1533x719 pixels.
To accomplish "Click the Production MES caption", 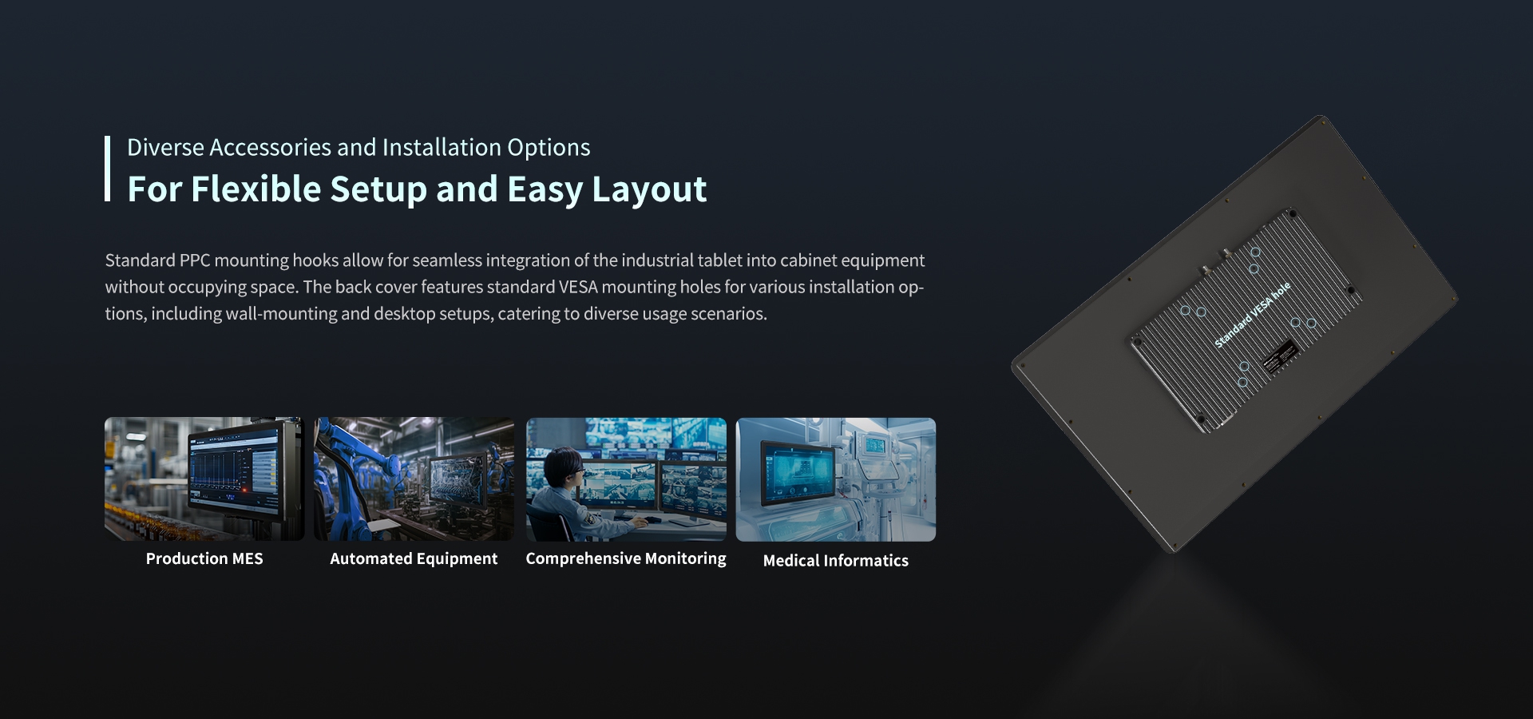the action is [x=204, y=558].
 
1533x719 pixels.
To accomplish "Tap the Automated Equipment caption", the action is [x=414, y=558].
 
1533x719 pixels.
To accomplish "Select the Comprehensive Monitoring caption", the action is [x=626, y=558].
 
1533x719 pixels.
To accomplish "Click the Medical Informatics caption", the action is [x=836, y=561].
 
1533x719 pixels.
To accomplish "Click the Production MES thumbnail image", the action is [x=204, y=479].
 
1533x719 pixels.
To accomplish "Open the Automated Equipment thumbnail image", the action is [x=414, y=479].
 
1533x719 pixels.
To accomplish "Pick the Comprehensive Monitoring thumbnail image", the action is [x=626, y=479].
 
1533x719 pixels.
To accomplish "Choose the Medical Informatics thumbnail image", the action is [x=836, y=479].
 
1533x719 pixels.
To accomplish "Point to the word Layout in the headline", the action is [x=649, y=190].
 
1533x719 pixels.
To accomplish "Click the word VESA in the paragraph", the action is [x=578, y=287].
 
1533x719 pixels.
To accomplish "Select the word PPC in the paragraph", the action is [x=195, y=260].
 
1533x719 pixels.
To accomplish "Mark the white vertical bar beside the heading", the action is [x=107, y=169].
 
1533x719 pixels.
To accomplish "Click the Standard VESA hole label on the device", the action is [x=1252, y=315].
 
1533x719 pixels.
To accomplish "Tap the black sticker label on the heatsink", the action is [x=1280, y=356].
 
